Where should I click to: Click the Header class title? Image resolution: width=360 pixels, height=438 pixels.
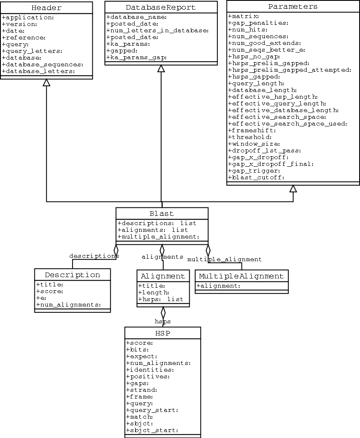tap(46, 8)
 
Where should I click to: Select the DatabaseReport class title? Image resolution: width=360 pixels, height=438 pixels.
tap(161, 7)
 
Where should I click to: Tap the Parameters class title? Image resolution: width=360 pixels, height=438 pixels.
tap(293, 7)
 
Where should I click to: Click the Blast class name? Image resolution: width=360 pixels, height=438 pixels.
tap(162, 213)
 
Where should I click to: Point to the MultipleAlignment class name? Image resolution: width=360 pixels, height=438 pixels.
tap(241, 276)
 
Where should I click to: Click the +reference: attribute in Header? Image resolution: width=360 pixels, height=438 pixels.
tap(23, 37)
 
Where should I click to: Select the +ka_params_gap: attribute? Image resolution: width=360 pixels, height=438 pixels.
tap(136, 58)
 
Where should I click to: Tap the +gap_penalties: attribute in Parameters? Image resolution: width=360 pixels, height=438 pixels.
tap(258, 23)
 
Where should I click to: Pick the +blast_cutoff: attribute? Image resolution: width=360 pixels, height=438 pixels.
tap(256, 178)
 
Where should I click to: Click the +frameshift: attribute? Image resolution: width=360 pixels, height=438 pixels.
tap(252, 131)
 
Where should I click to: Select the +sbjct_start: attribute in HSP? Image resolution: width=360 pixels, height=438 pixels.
tap(152, 430)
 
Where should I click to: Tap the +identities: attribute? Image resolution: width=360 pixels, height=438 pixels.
tap(150, 370)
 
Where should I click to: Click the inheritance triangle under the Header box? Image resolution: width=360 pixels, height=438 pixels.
tap(47, 83)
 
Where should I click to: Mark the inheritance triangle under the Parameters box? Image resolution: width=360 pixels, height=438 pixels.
tap(293, 189)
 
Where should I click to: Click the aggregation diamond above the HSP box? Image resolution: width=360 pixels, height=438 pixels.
tap(163, 312)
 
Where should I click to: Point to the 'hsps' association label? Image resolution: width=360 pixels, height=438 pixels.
tap(163, 322)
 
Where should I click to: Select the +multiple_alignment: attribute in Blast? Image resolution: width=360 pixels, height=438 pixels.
tap(159, 237)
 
